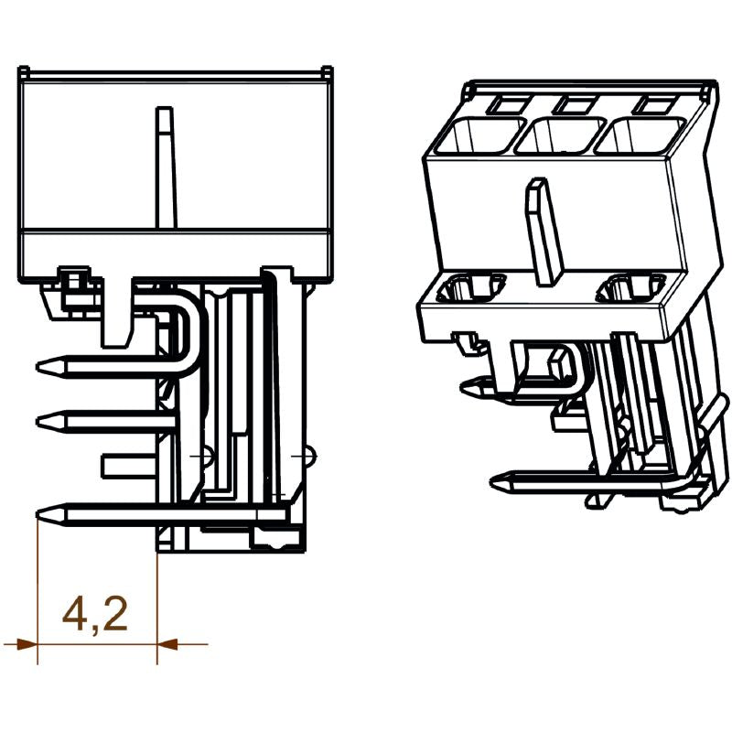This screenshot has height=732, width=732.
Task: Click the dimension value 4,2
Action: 94,614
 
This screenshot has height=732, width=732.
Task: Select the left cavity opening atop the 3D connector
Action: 472,137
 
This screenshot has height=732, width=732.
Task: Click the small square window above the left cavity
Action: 501,104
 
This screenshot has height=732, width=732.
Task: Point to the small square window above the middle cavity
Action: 576,103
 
